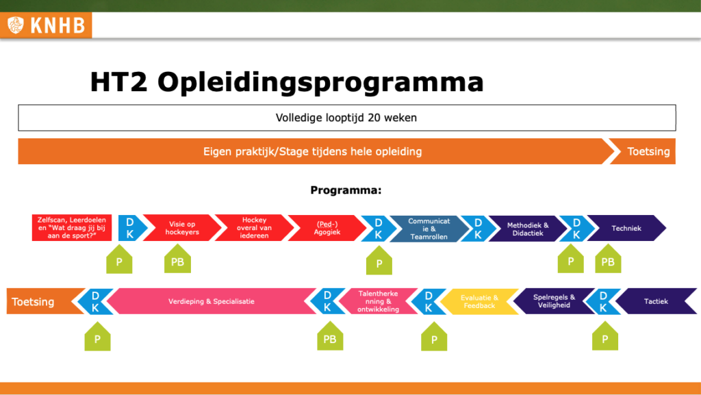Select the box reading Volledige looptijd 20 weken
pyautogui.click(x=346, y=118)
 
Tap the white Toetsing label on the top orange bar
pyautogui.click(x=648, y=151)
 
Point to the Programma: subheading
pyautogui.click(x=346, y=190)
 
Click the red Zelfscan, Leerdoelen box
pyautogui.click(x=72, y=228)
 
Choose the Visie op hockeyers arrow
pyautogui.click(x=182, y=228)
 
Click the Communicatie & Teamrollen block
pyautogui.click(x=429, y=228)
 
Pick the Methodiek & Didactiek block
pyautogui.click(x=527, y=228)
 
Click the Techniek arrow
pyautogui.click(x=626, y=228)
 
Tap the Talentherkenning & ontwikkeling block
pyautogui.click(x=378, y=301)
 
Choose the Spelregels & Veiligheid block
pyautogui.click(x=555, y=301)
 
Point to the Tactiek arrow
pyautogui.click(x=655, y=301)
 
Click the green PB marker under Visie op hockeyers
pyautogui.click(x=177, y=261)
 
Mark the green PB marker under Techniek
pyautogui.click(x=607, y=261)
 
